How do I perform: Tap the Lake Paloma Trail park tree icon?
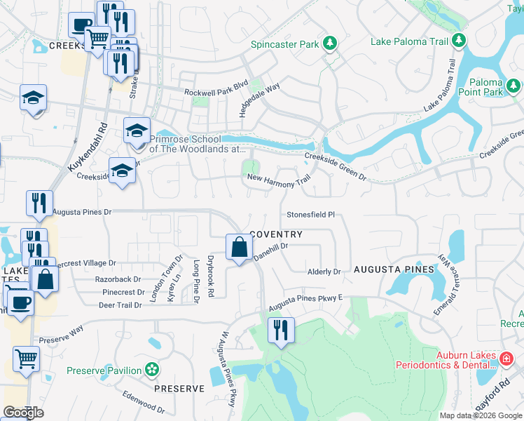(x=459, y=41)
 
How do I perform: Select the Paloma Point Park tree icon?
(x=513, y=86)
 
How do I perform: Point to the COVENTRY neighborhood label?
(x=276, y=234)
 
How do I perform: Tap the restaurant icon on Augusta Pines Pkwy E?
(x=282, y=330)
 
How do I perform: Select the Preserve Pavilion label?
(x=104, y=370)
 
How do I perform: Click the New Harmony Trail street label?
(x=278, y=179)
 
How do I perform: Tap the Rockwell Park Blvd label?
(x=216, y=92)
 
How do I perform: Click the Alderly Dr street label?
(x=324, y=272)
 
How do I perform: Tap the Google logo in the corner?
(x=23, y=413)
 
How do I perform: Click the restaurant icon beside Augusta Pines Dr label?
(x=39, y=203)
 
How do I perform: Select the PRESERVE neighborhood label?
(x=179, y=388)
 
